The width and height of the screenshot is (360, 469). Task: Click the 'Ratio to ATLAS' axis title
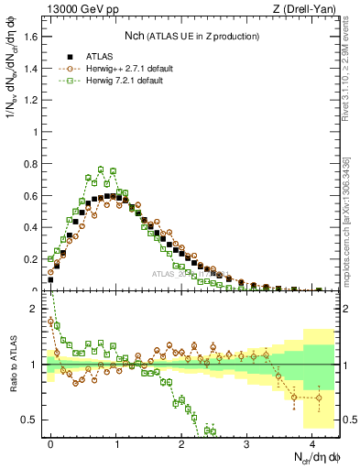click(x=13, y=365)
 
